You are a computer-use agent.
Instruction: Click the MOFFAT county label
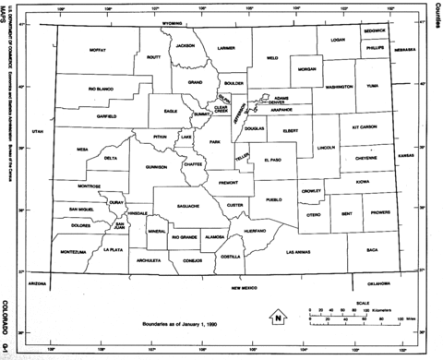tap(98, 50)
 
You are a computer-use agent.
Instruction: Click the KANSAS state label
tap(405, 156)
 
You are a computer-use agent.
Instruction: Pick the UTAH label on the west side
tap(37, 132)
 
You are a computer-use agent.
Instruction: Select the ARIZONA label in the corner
tap(37, 283)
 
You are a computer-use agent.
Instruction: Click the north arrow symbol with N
tap(277, 318)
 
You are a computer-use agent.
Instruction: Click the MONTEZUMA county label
tap(72, 251)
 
